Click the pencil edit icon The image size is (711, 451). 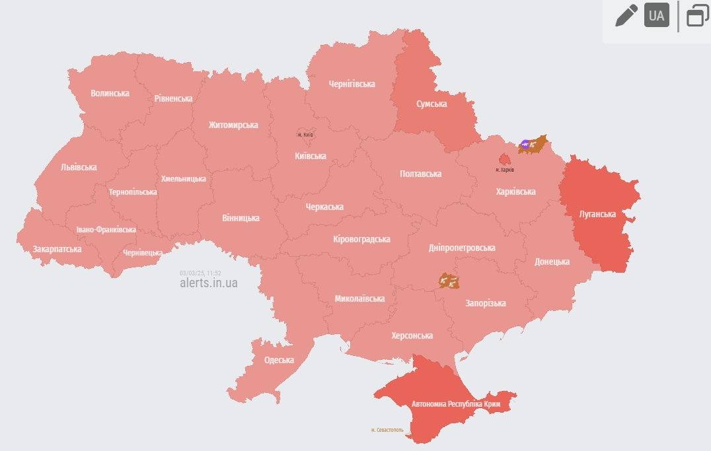[626, 15]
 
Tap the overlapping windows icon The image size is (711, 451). [696, 15]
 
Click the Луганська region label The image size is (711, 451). [597, 214]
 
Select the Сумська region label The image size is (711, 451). [431, 104]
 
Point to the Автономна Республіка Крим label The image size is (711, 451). [456, 403]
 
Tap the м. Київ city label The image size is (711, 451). [305, 135]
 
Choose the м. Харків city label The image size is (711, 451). [505, 170]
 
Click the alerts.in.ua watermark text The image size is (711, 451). [208, 283]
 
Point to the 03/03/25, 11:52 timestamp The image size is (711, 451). [200, 273]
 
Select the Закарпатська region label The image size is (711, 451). [57, 249]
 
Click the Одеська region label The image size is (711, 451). [279, 360]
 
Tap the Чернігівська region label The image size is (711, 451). [352, 84]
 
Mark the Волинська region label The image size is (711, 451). [110, 93]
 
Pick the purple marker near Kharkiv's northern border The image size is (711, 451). [525, 143]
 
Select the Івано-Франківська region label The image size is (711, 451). [106, 230]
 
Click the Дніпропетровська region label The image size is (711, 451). [462, 248]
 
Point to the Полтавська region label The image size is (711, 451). [420, 174]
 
